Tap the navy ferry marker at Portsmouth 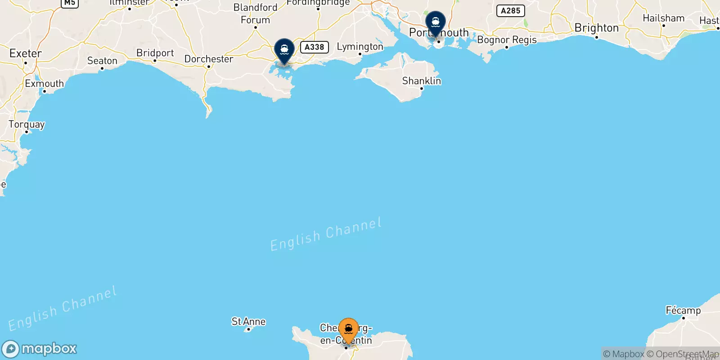click(x=436, y=22)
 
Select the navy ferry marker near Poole click(x=284, y=50)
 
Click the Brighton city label click(x=596, y=28)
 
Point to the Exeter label click(x=26, y=54)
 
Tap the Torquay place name click(x=27, y=124)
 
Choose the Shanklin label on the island click(x=421, y=81)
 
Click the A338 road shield click(x=314, y=47)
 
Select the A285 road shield click(x=510, y=11)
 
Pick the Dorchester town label click(x=209, y=59)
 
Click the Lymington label click(x=360, y=47)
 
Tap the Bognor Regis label click(x=507, y=40)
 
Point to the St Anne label click(x=248, y=321)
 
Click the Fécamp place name click(x=683, y=310)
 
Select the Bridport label click(x=155, y=53)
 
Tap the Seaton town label click(x=102, y=61)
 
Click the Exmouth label click(x=44, y=84)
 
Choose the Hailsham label click(x=663, y=18)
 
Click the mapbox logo click(x=40, y=349)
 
